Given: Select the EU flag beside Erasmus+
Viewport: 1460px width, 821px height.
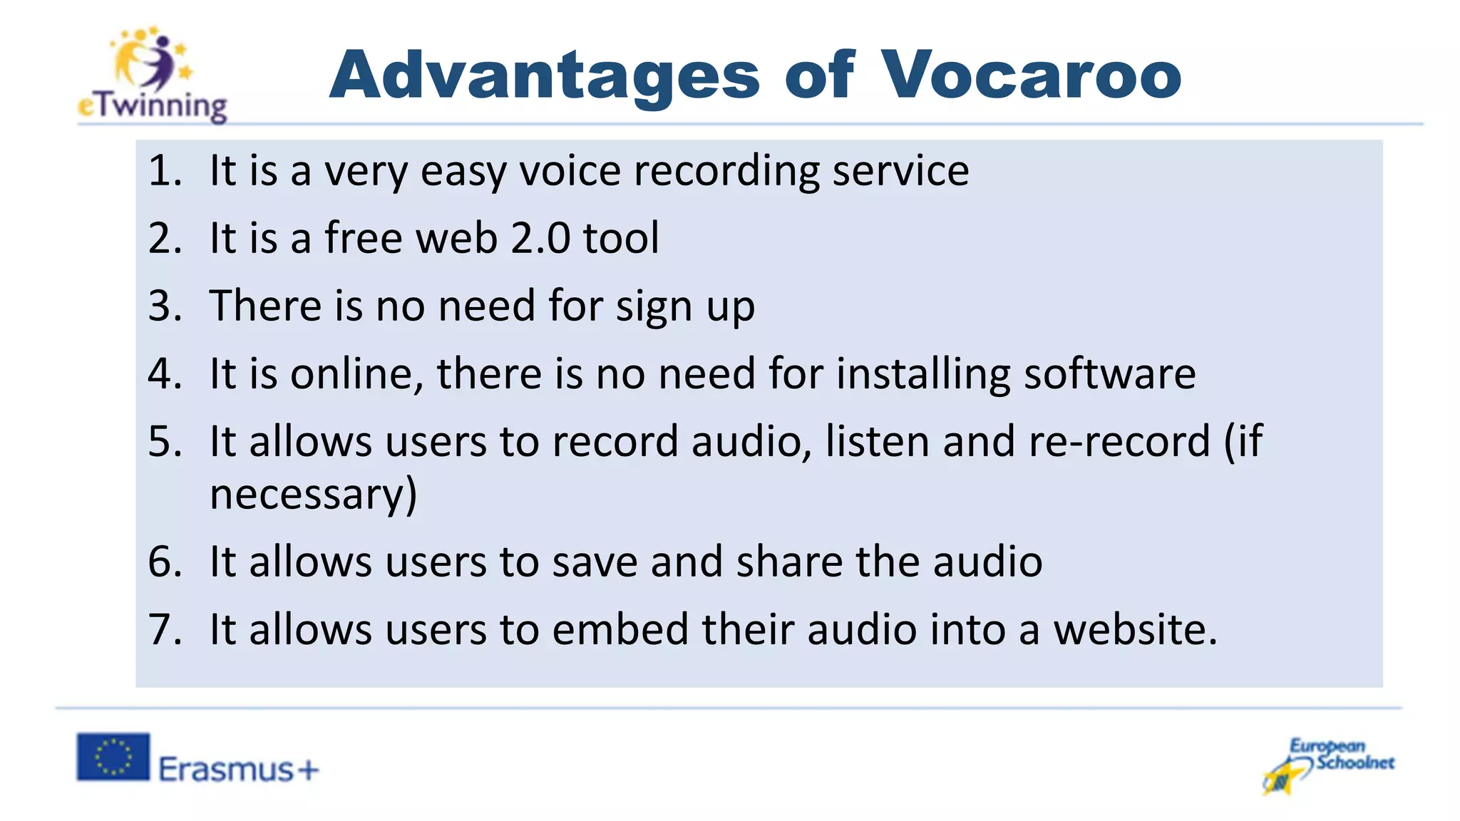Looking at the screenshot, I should (x=113, y=756).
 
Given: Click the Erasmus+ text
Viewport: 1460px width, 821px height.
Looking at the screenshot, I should (x=238, y=770).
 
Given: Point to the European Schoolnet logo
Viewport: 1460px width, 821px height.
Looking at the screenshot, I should (x=1328, y=765).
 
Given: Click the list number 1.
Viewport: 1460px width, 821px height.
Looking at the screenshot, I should (x=164, y=171).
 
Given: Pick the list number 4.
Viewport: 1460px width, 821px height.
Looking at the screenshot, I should (x=164, y=373).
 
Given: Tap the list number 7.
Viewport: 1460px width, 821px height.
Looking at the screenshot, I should (x=164, y=629).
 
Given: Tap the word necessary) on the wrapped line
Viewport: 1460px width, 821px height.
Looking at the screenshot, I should (x=313, y=495).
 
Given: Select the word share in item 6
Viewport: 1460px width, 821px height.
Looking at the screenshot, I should (x=789, y=562).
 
